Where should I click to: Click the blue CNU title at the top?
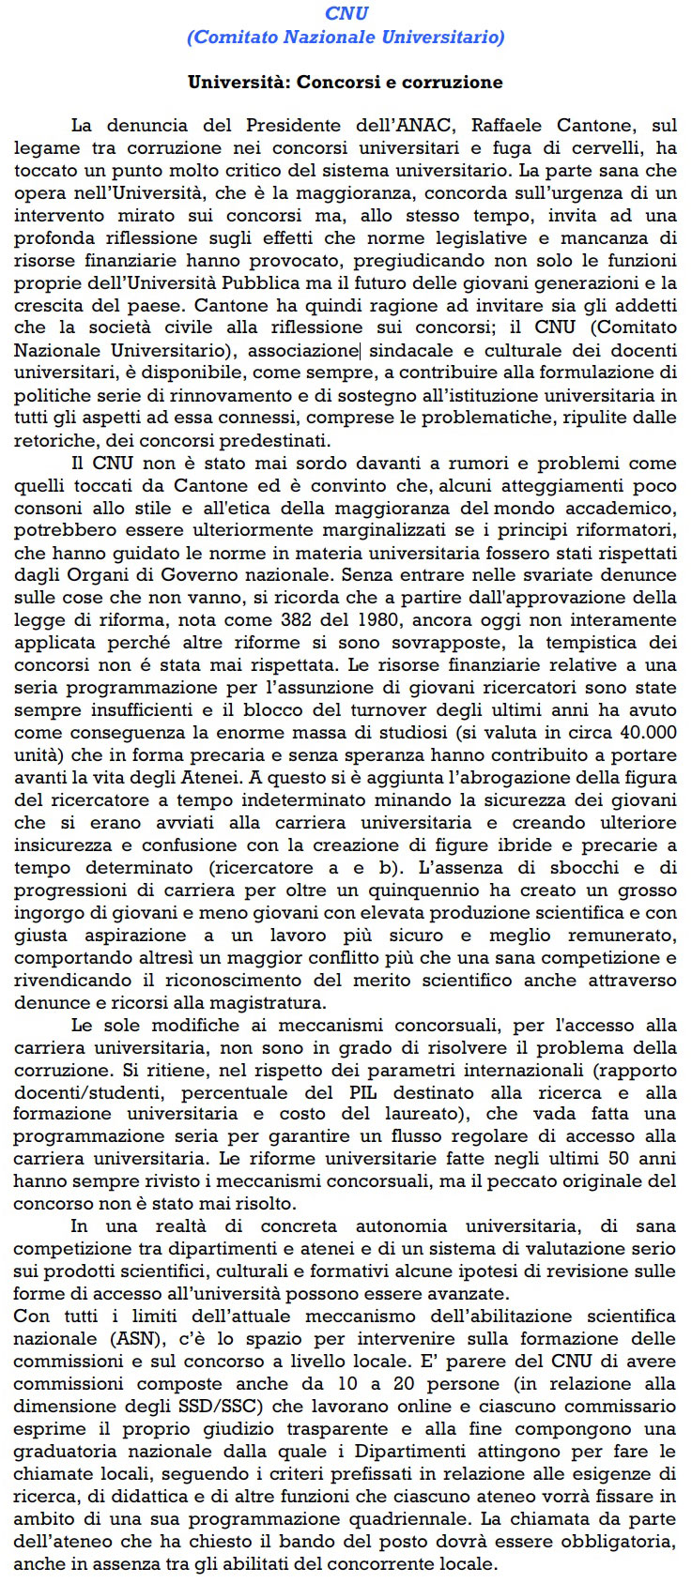[x=346, y=13]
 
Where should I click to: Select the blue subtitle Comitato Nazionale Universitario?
[x=346, y=37]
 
